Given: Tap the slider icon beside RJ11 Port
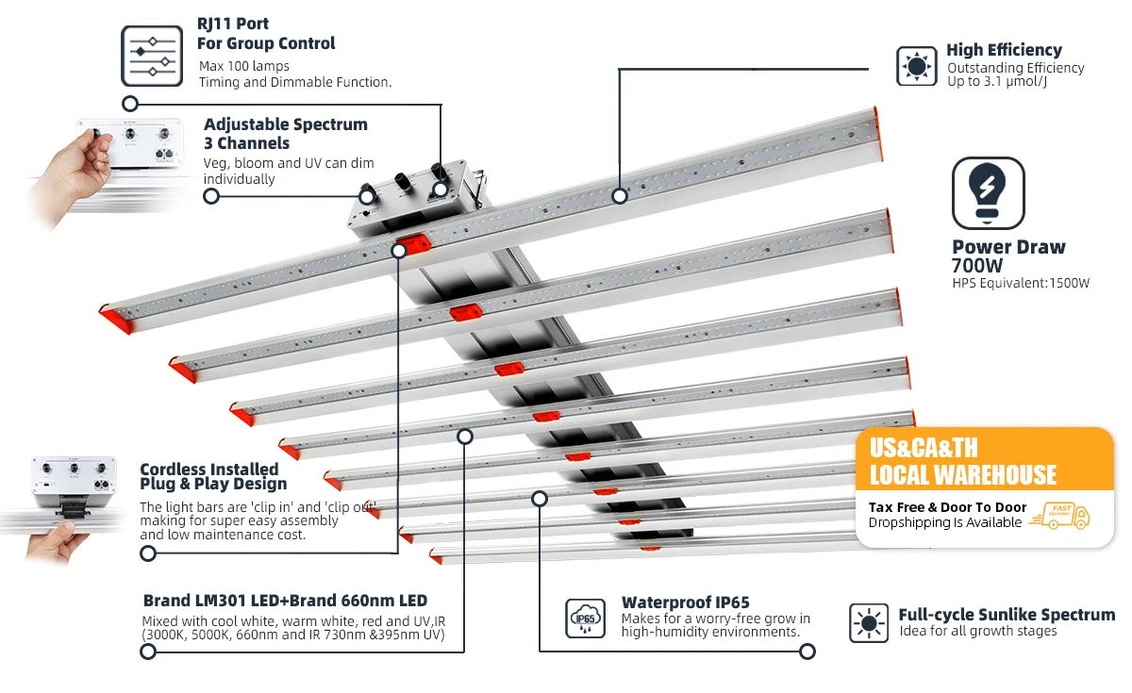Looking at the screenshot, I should coord(151,56).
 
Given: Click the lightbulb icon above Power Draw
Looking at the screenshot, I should coord(988,193).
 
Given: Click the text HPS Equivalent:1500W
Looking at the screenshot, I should coord(1021,283).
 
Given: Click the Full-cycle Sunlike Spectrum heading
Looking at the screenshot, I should coord(1007,615).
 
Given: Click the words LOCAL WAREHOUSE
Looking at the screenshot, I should coord(962,474).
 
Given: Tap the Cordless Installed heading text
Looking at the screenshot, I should coord(209,470).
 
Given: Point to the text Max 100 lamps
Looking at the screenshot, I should coord(243,66).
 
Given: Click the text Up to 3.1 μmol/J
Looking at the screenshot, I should coord(997,82).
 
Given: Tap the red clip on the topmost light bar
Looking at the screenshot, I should coord(412,246).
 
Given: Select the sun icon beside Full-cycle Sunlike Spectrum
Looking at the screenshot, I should coord(869,623).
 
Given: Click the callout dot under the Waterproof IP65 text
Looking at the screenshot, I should coord(807,651).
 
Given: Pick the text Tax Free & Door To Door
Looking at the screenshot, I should coord(947,507).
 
